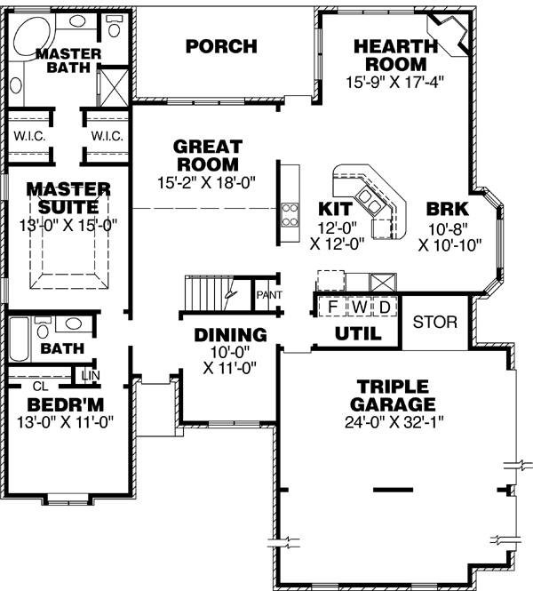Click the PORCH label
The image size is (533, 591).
(221, 46)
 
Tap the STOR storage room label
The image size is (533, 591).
(435, 322)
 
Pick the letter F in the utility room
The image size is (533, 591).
(332, 307)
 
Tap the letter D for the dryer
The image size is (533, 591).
(385, 307)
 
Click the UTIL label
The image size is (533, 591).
(358, 334)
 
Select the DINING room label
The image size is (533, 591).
(231, 336)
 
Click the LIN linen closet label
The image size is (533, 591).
(90, 376)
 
